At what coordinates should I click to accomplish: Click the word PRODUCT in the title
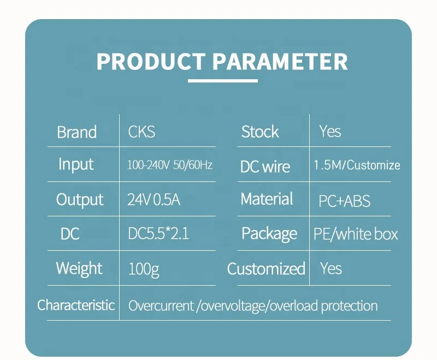tap(151, 61)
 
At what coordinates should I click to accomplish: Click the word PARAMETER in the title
tap(280, 61)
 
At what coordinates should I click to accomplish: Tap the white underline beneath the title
tap(223, 81)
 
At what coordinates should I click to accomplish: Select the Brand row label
tap(76, 132)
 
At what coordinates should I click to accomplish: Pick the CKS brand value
tap(141, 132)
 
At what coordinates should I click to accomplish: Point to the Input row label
tap(76, 164)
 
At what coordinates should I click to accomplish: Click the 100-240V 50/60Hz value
tap(170, 165)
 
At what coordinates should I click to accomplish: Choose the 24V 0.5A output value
tap(153, 200)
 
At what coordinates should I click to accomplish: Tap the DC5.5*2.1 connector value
tap(158, 233)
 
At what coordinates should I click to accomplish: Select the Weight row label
tap(79, 269)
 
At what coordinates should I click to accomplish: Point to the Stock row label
tap(260, 132)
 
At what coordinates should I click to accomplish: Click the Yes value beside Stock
tap(330, 131)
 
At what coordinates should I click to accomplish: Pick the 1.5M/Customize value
tap(357, 165)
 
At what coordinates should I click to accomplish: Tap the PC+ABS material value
tap(345, 201)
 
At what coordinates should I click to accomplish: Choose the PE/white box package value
tap(356, 234)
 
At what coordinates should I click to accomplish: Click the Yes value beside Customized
tap(331, 268)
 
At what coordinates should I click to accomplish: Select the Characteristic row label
tap(76, 305)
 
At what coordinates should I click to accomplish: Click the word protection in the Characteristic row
tap(349, 306)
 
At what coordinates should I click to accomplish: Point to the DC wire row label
tap(265, 167)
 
